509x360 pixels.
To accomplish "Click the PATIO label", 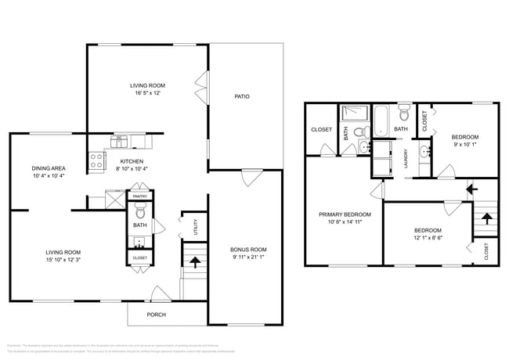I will click(x=242, y=97).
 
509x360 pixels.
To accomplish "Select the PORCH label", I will click(x=157, y=315).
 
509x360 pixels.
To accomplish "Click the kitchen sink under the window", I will click(x=121, y=142).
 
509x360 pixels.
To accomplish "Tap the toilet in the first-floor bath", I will click(x=140, y=210).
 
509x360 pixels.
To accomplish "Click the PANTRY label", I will click(x=140, y=196).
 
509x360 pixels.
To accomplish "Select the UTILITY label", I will click(x=193, y=228).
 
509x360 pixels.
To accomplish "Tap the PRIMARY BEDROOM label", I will click(x=345, y=214).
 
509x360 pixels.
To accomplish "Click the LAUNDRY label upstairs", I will click(x=406, y=159).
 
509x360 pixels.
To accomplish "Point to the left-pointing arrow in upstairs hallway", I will click(x=471, y=188).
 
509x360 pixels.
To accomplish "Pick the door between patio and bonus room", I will click(x=251, y=177).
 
